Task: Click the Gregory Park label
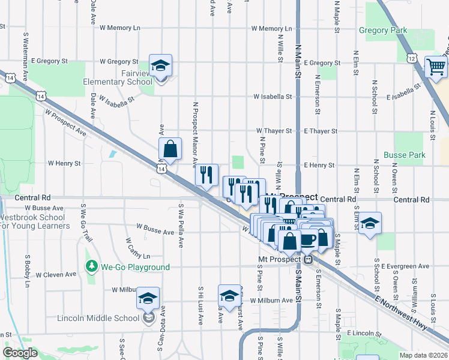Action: (382, 30)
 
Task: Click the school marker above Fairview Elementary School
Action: (160, 66)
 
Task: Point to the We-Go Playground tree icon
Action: (92, 265)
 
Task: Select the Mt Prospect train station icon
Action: (308, 259)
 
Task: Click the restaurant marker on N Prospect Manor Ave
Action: (206, 175)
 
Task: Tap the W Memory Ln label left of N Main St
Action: (271, 28)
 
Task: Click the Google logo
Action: (20, 352)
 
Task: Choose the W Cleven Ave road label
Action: (56, 274)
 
